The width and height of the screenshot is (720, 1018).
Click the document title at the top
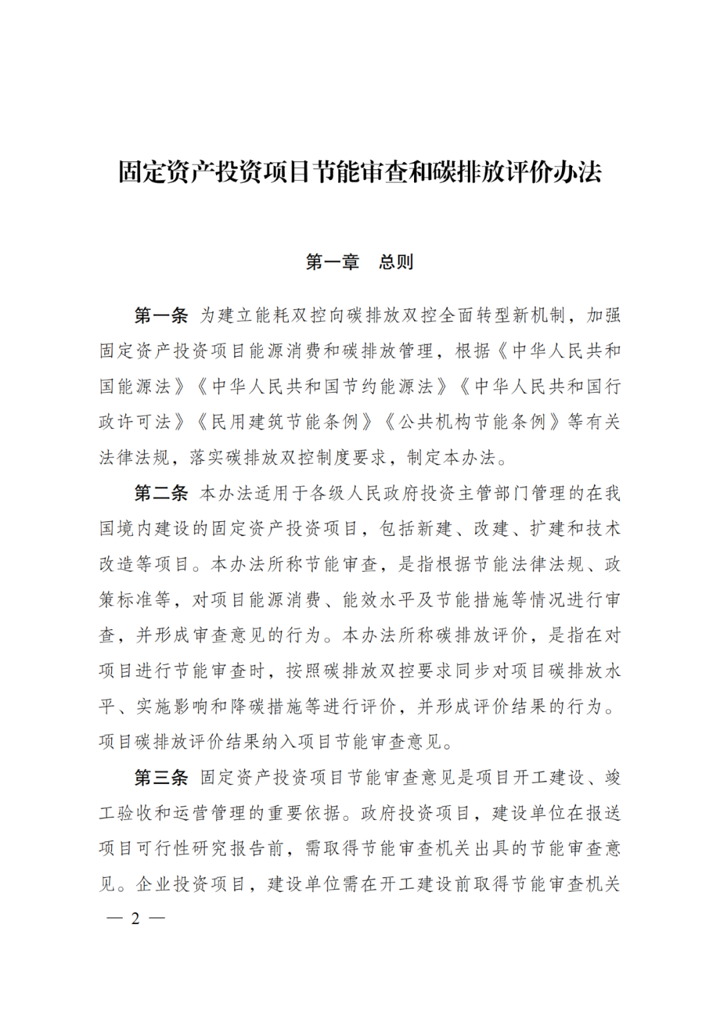(x=360, y=172)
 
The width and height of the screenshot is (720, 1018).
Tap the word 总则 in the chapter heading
(x=396, y=262)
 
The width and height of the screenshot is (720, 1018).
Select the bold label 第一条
(x=161, y=315)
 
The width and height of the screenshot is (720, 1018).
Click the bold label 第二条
(x=161, y=493)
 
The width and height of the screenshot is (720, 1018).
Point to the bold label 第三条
(x=161, y=777)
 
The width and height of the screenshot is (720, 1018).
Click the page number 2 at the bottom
(x=135, y=918)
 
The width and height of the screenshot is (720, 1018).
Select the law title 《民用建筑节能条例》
(x=284, y=422)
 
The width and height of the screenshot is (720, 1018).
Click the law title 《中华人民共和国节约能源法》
(x=321, y=387)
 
